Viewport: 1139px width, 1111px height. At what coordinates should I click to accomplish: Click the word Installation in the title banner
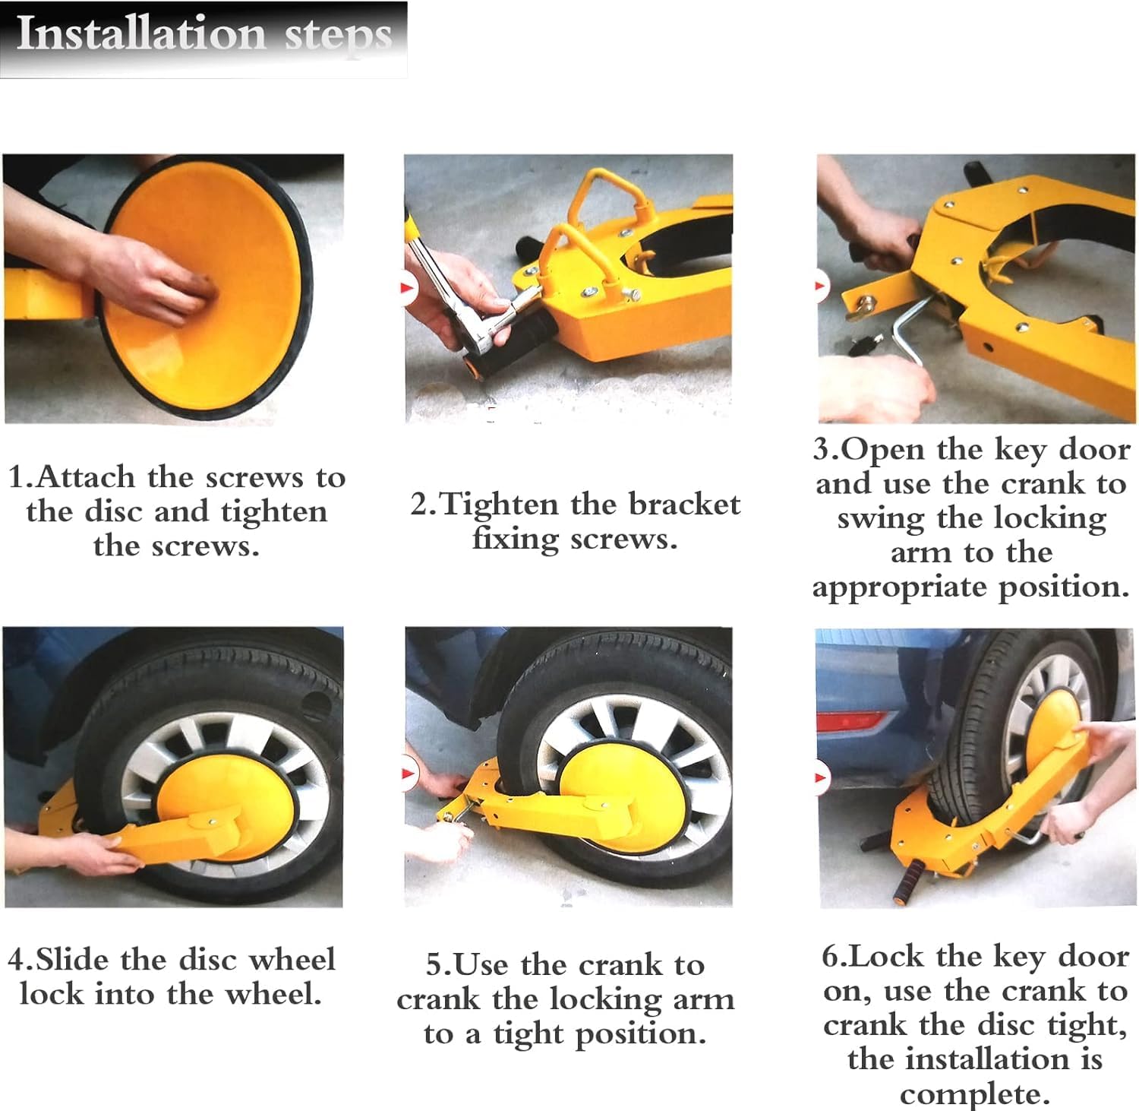141,34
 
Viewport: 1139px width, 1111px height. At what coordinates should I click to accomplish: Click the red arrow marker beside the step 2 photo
409,287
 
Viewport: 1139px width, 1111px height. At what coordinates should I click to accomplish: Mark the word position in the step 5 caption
639,1034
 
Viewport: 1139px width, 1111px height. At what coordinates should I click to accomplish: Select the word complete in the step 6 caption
974,1094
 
